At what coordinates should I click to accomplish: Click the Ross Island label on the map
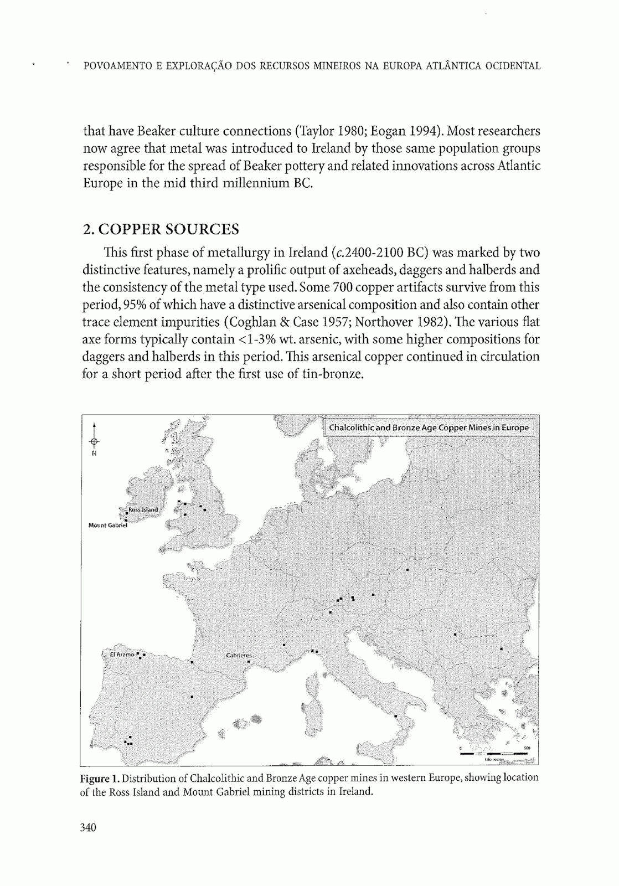(143, 509)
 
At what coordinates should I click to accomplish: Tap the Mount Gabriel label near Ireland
(107, 524)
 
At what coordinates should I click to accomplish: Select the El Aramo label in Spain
(122, 654)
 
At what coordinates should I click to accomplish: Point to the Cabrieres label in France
(239, 655)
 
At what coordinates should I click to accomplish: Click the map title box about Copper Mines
(429, 427)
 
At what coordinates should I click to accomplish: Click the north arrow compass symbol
(94, 441)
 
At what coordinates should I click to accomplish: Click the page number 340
(89, 828)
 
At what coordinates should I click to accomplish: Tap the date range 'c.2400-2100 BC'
(379, 253)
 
